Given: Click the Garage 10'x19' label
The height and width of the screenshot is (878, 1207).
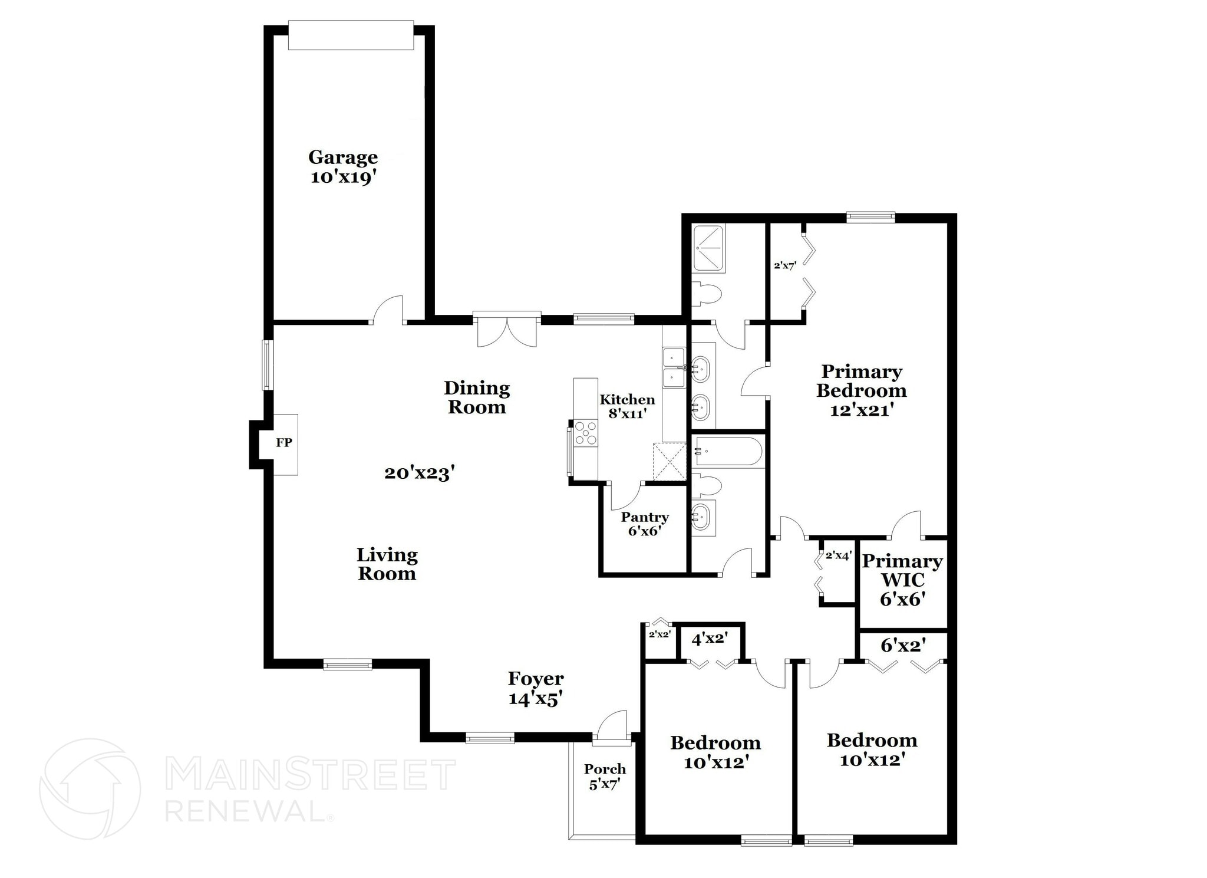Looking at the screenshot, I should pos(343,167).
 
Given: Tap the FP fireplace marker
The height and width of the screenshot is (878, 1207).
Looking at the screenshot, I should pos(284,442).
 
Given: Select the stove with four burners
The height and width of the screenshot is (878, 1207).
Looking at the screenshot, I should pos(586,432).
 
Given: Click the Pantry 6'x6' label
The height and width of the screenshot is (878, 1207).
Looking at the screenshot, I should pos(645,524).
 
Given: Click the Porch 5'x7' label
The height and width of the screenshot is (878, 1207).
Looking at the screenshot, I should pos(605,776).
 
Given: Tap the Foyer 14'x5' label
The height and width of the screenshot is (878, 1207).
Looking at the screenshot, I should pos(536,688).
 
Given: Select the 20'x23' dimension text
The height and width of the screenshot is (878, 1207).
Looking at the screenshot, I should pos(420,473).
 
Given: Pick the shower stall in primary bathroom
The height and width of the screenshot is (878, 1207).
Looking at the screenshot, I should pos(709,248).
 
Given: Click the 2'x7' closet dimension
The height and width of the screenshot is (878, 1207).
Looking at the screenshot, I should pos(785,265).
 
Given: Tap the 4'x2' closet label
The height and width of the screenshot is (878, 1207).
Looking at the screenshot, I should pos(710,638).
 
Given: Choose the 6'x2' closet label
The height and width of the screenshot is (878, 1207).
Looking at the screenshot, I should pos(902,646).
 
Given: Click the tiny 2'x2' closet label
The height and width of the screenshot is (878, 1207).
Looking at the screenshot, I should pos(659,634).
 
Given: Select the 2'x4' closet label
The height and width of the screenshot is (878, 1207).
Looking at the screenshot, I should pos(838,555).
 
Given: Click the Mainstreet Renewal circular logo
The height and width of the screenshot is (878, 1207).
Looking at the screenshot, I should pos(90,788).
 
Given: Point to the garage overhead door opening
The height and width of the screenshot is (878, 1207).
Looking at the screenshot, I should pos(351,36).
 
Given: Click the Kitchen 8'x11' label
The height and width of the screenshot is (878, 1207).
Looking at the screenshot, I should pos(627,406).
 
